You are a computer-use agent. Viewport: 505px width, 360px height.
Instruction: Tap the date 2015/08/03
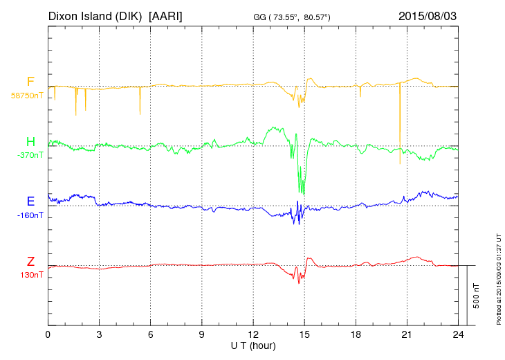point(428,15)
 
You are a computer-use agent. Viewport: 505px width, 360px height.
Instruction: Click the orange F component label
point(30,82)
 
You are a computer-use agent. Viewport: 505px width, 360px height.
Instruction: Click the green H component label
point(30,143)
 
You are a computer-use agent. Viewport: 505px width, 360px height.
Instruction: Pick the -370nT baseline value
point(30,155)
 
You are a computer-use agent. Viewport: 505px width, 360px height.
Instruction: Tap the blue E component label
point(30,202)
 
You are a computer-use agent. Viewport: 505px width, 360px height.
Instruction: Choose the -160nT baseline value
point(30,215)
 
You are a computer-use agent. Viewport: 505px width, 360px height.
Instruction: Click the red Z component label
point(30,262)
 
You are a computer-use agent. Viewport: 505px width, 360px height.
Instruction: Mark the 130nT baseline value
point(30,275)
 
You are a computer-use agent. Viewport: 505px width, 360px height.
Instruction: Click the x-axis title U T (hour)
point(253,345)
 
